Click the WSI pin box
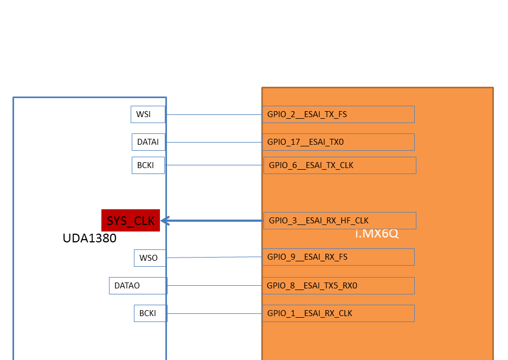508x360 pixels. click(x=147, y=114)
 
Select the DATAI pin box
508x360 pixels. click(x=148, y=142)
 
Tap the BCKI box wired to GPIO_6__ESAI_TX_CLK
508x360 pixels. click(x=148, y=165)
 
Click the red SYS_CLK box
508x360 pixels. click(x=131, y=221)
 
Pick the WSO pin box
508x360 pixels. click(x=149, y=258)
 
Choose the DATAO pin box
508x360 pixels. click(x=138, y=286)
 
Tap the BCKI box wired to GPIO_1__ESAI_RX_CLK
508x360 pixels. click(x=150, y=313)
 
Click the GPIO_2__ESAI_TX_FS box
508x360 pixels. click(x=338, y=114)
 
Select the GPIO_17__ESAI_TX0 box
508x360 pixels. click(x=338, y=142)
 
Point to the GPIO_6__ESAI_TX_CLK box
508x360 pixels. click(x=340, y=165)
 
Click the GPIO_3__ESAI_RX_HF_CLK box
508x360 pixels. click(x=340, y=221)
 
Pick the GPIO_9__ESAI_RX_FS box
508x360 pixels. click(x=338, y=257)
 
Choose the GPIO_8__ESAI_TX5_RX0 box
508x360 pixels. click(x=338, y=286)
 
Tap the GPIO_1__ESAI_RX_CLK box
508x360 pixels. click(x=338, y=313)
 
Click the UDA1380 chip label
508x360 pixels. click(x=89, y=239)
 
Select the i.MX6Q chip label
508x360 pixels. click(x=377, y=234)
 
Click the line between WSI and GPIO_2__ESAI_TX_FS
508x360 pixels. click(x=214, y=115)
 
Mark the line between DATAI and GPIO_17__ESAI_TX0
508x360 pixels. click(x=214, y=143)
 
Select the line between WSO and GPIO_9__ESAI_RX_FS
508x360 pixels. click(x=214, y=258)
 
